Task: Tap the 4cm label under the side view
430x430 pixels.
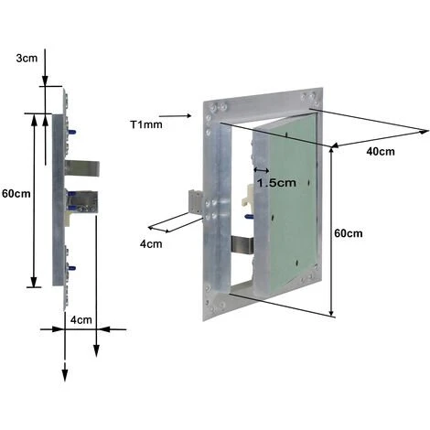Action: (81, 320)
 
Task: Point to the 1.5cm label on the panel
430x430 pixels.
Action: (276, 182)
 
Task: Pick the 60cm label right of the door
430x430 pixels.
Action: (348, 233)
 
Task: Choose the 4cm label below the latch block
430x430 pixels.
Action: (151, 244)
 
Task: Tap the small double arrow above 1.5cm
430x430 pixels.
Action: (261, 169)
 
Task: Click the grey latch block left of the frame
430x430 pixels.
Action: (195, 202)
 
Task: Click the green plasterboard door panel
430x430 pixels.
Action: (288, 210)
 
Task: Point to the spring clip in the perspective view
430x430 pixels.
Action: (240, 245)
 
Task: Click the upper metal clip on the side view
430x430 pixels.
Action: (81, 169)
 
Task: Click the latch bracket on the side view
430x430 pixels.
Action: (83, 202)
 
